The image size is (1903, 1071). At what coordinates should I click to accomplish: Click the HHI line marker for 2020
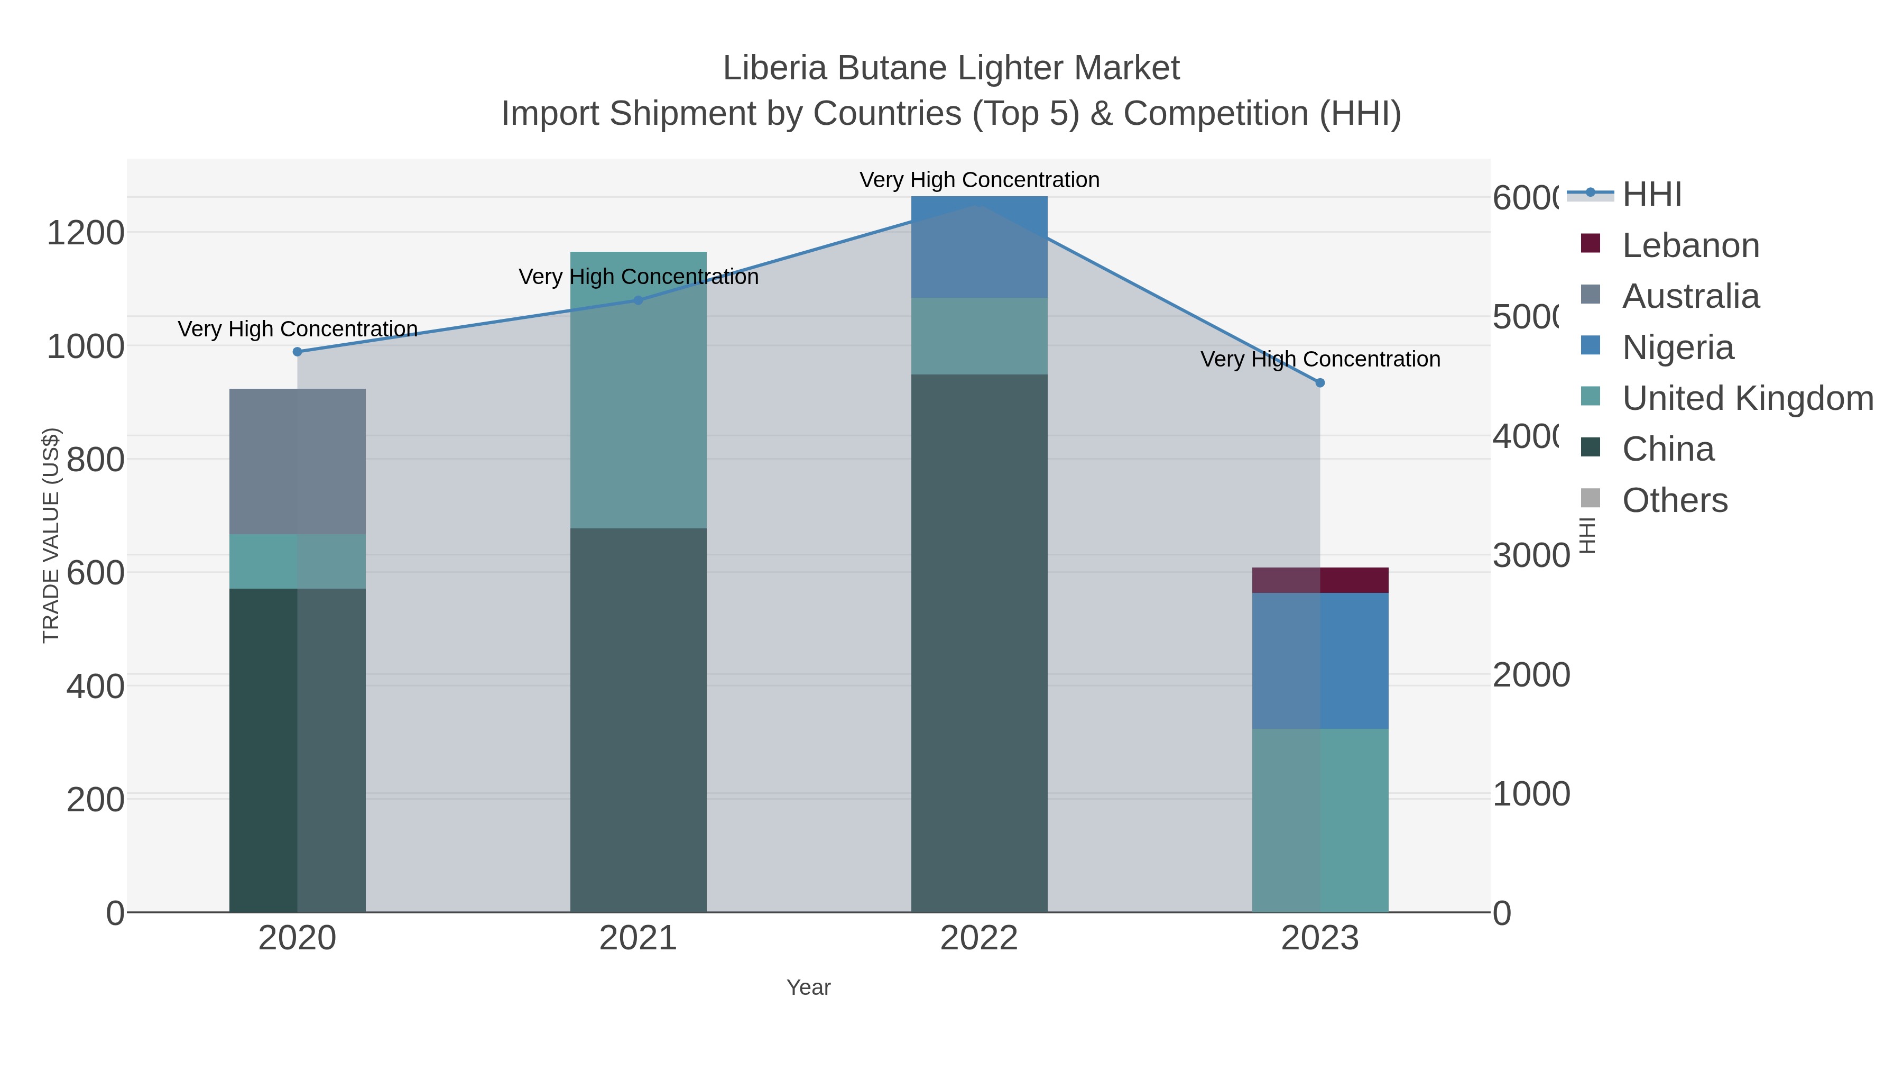tap(298, 352)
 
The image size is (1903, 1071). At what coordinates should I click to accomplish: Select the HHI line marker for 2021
tap(638, 300)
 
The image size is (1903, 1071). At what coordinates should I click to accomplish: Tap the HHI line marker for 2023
tap(1320, 383)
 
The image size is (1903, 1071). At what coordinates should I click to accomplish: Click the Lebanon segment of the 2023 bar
tap(1320, 580)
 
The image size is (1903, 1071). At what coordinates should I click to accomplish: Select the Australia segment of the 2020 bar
tap(298, 461)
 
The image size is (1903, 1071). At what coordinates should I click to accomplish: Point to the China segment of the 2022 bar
tap(979, 643)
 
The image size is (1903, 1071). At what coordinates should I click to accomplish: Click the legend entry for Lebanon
tap(1690, 245)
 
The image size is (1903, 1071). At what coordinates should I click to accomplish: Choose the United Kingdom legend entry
tap(1747, 398)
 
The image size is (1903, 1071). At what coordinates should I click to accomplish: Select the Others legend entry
tap(1674, 500)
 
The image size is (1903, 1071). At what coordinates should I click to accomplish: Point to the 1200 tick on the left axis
tap(86, 233)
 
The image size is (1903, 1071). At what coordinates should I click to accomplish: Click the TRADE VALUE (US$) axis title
tap(51, 535)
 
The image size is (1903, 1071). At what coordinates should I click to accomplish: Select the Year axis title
tap(808, 987)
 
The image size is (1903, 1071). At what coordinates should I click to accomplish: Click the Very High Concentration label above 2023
tap(1320, 359)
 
